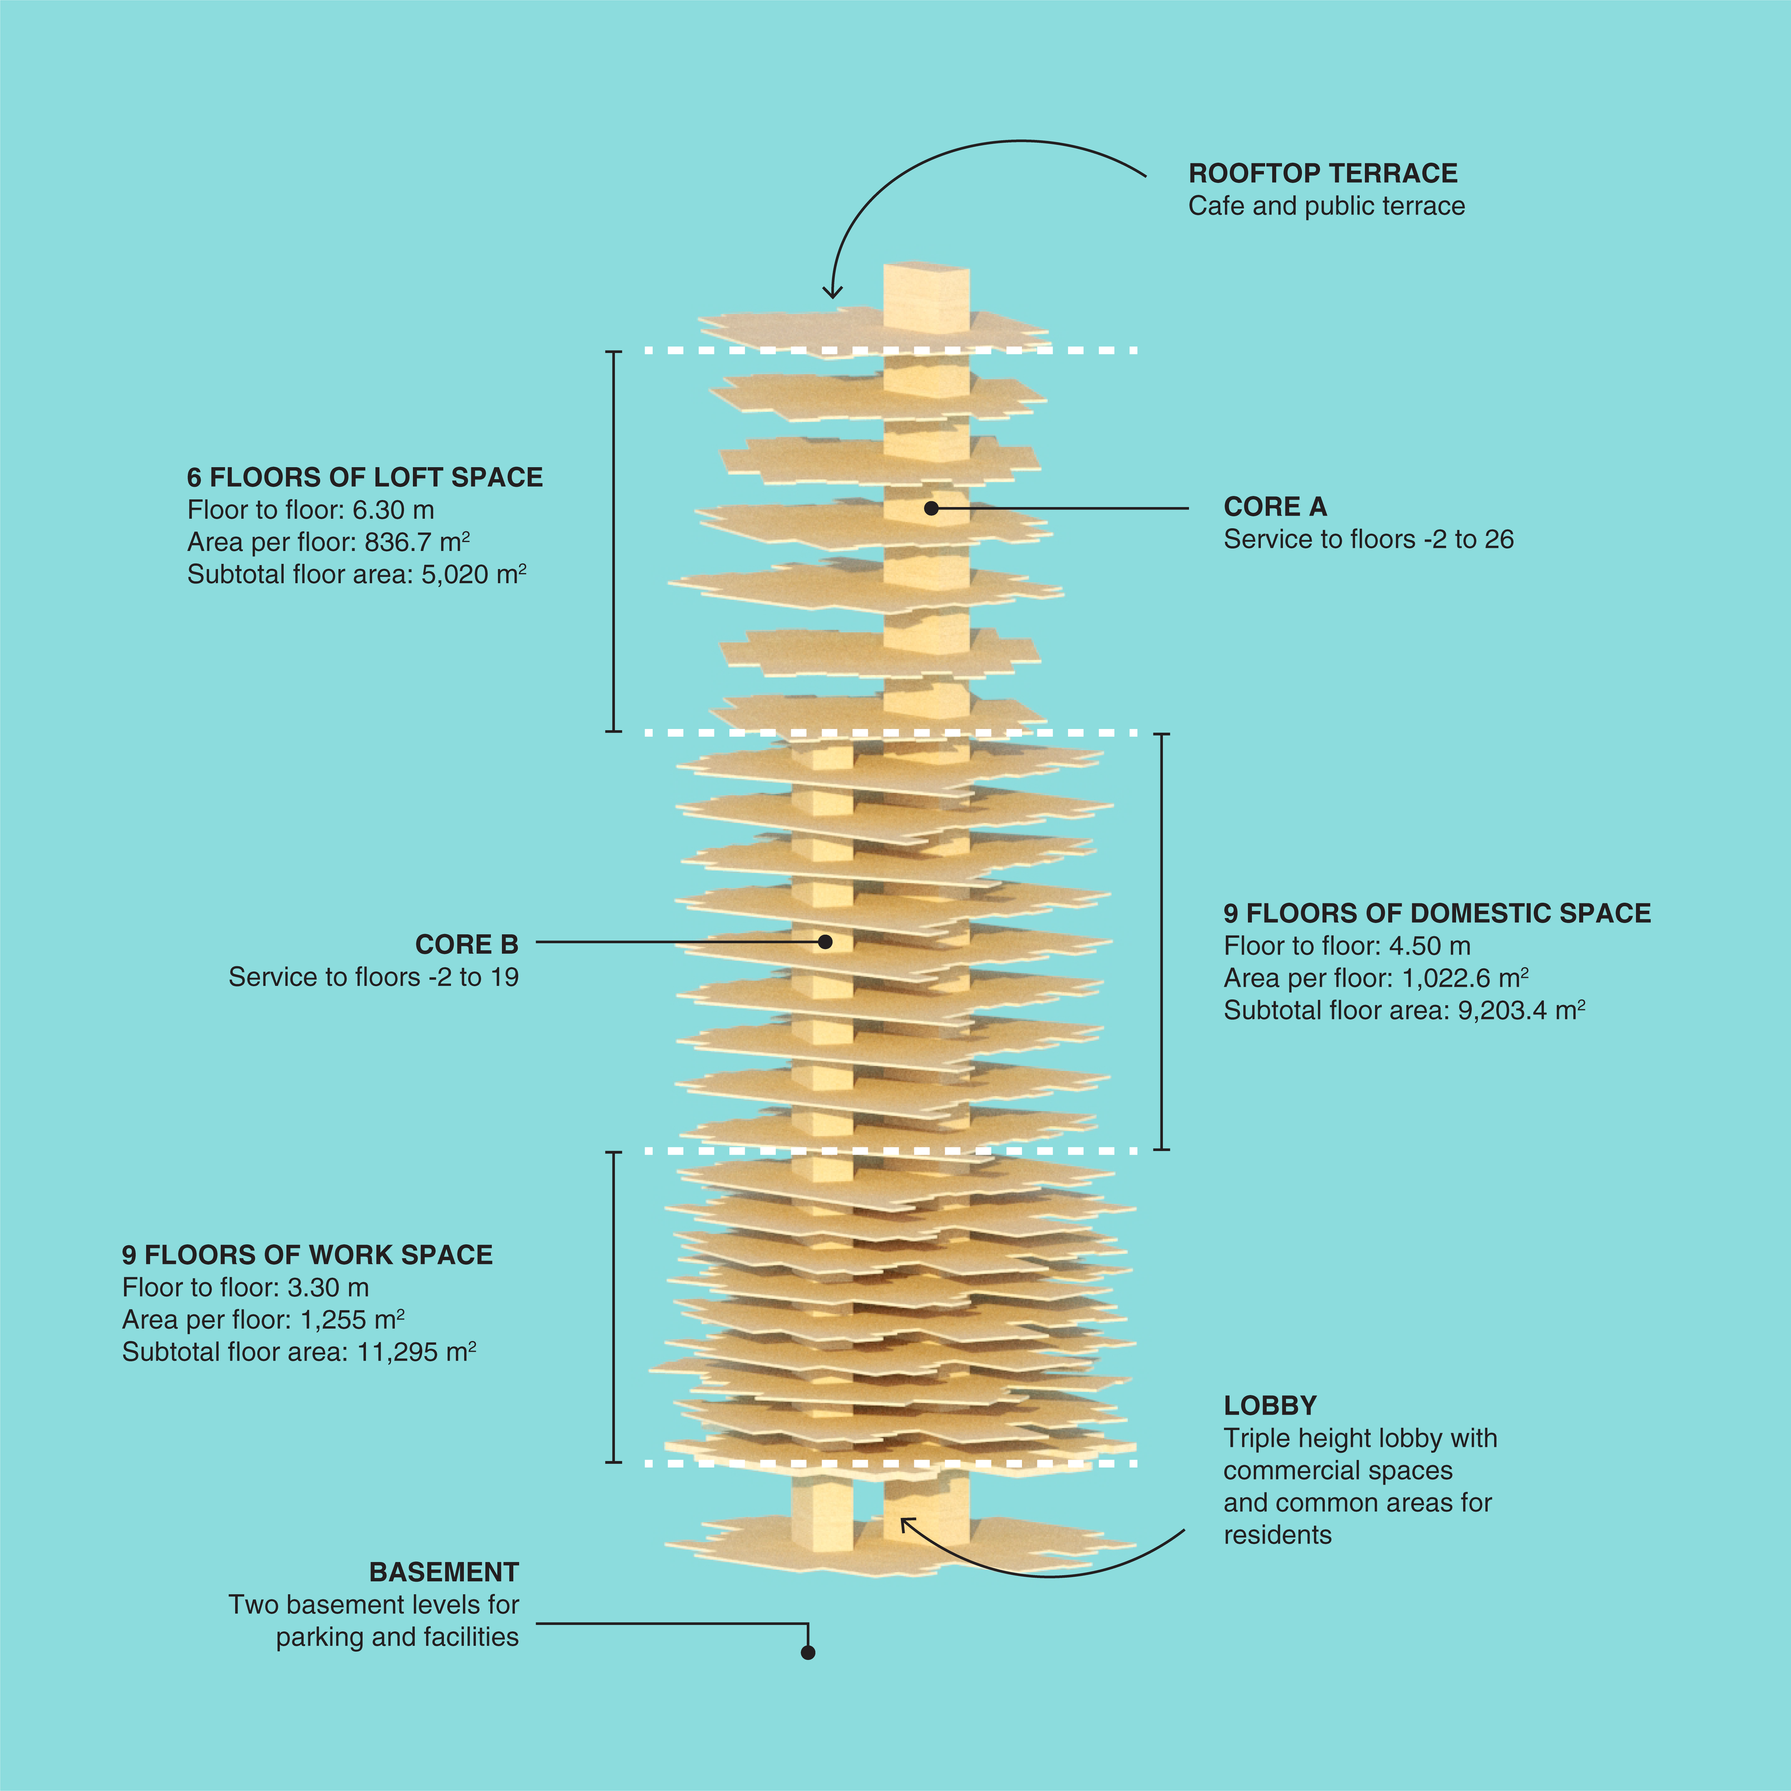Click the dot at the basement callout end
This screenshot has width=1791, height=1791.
(807, 1652)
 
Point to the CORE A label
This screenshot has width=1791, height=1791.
(1275, 507)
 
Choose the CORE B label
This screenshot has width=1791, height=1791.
(466, 945)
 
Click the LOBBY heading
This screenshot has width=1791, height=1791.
(1269, 1405)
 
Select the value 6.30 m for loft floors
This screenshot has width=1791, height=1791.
(393, 510)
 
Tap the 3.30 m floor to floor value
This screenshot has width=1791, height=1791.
(328, 1288)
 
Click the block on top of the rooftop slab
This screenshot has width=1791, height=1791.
(926, 297)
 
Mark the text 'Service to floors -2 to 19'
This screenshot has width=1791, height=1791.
(374, 977)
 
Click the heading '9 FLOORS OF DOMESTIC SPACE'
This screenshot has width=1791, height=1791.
(1437, 913)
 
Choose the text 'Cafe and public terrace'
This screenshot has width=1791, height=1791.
(1327, 206)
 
